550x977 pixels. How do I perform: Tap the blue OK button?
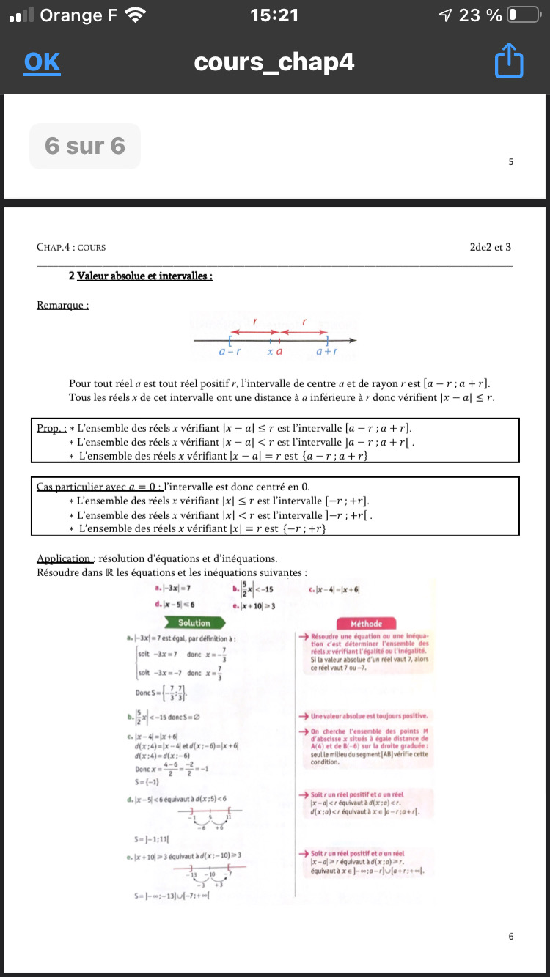click(42, 62)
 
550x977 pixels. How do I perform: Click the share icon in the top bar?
click(509, 62)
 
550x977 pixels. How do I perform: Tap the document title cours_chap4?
click(274, 62)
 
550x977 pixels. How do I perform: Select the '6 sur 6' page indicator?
click(84, 146)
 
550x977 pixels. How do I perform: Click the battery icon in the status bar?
click(522, 15)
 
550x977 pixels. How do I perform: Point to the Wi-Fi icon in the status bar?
click(135, 15)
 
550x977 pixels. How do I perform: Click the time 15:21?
click(274, 15)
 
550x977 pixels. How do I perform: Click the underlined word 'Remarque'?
click(62, 305)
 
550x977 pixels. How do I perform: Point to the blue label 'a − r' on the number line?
click(230, 352)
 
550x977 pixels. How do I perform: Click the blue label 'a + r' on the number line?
click(326, 352)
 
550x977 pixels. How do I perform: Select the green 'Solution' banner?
click(194, 623)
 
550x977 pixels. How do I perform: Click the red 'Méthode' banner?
click(367, 623)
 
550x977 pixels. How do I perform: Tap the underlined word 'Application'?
click(65, 558)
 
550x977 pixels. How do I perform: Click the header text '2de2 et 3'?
click(491, 248)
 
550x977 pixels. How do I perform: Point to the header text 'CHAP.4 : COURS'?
click(71, 248)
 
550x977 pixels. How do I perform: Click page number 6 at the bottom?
click(510, 936)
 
